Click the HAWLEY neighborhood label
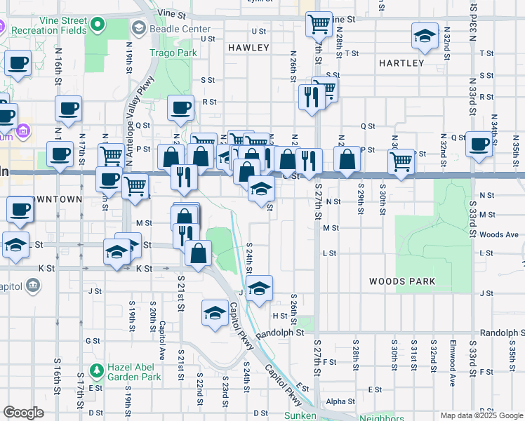click(248, 48)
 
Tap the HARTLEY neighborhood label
click(401, 63)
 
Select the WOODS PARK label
click(403, 281)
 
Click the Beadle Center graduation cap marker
click(138, 28)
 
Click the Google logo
click(23, 413)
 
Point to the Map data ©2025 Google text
click(481, 415)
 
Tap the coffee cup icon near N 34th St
click(479, 145)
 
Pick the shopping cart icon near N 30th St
click(401, 161)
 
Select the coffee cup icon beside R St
click(180, 108)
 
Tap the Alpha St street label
click(340, 401)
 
